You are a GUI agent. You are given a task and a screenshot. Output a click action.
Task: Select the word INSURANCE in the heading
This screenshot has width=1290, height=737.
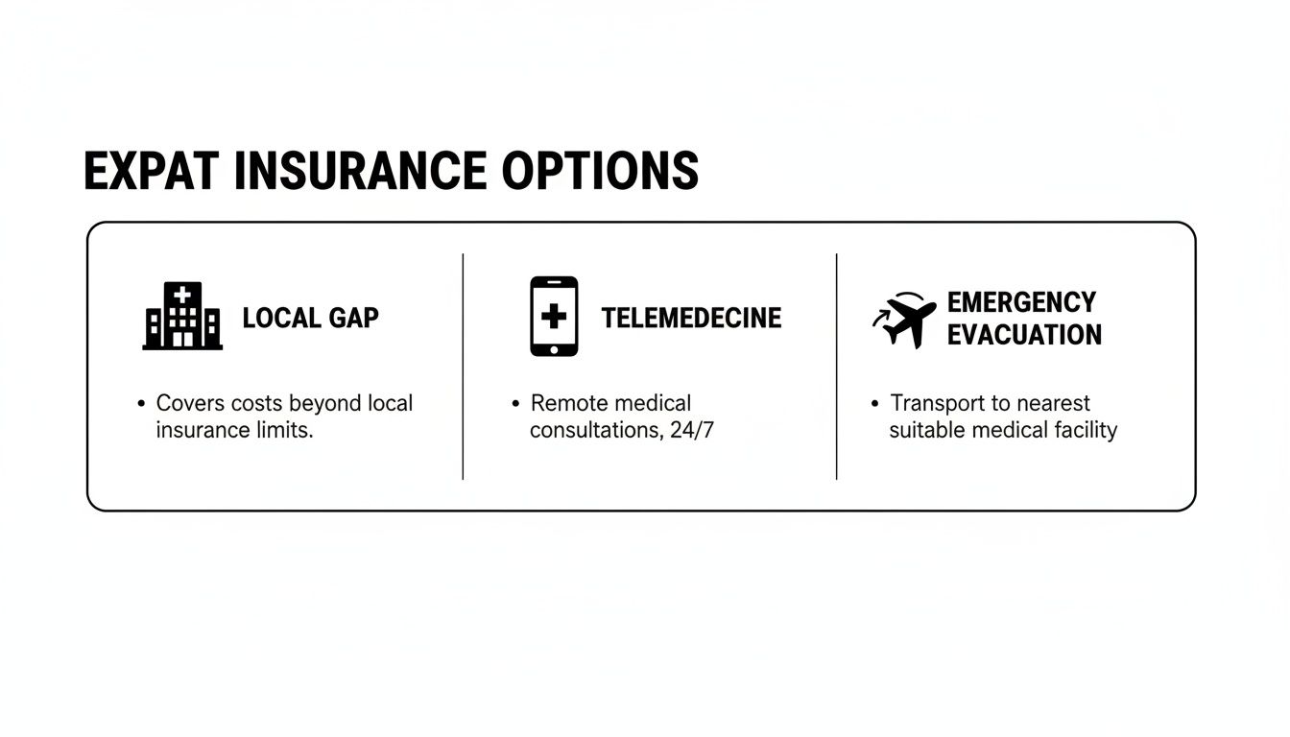point(360,171)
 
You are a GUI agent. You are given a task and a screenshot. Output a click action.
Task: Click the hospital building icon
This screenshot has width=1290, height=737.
point(182,316)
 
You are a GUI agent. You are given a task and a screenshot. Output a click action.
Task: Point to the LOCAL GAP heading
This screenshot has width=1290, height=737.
point(310,318)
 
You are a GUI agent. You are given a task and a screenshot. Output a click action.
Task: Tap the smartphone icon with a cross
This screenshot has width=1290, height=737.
point(554,317)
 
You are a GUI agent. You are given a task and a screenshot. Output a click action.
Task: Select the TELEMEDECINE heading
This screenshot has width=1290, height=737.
point(691,318)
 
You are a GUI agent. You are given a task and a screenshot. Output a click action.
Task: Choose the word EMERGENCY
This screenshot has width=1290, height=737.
point(1021,302)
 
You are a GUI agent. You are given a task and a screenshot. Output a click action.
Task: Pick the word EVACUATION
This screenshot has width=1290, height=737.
point(1024,335)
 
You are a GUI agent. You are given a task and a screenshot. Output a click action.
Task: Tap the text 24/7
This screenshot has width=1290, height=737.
point(692,430)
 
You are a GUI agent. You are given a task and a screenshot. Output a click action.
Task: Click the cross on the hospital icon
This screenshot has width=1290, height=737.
point(182,296)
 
